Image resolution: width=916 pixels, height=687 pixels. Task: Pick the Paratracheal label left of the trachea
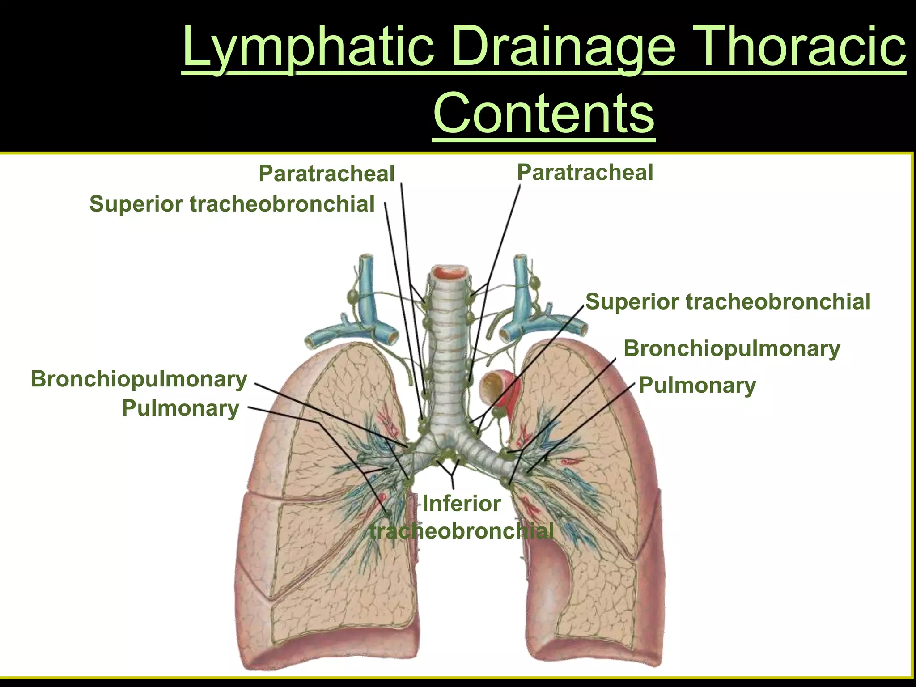pyautogui.click(x=327, y=174)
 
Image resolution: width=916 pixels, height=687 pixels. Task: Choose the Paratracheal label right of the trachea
pyautogui.click(x=585, y=173)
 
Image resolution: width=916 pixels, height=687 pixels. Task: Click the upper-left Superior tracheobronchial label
pyautogui.click(x=232, y=204)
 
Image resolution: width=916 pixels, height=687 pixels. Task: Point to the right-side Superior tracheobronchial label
pyautogui.click(x=728, y=301)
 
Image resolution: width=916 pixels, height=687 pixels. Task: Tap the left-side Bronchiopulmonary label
pyautogui.click(x=139, y=379)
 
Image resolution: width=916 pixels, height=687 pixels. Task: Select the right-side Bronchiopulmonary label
pyautogui.click(x=732, y=348)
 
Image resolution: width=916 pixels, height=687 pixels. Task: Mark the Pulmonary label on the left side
pyautogui.click(x=180, y=408)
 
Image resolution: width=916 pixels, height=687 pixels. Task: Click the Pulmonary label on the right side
pyautogui.click(x=697, y=385)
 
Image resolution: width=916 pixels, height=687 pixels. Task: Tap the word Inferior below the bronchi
pyautogui.click(x=461, y=504)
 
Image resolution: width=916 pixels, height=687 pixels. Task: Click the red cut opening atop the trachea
pyautogui.click(x=450, y=272)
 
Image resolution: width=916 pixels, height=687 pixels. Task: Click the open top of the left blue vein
pyautogui.click(x=367, y=258)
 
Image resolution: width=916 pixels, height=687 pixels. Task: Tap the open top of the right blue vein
pyautogui.click(x=520, y=259)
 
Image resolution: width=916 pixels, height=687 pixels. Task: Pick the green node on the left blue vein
pyautogui.click(x=352, y=296)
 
